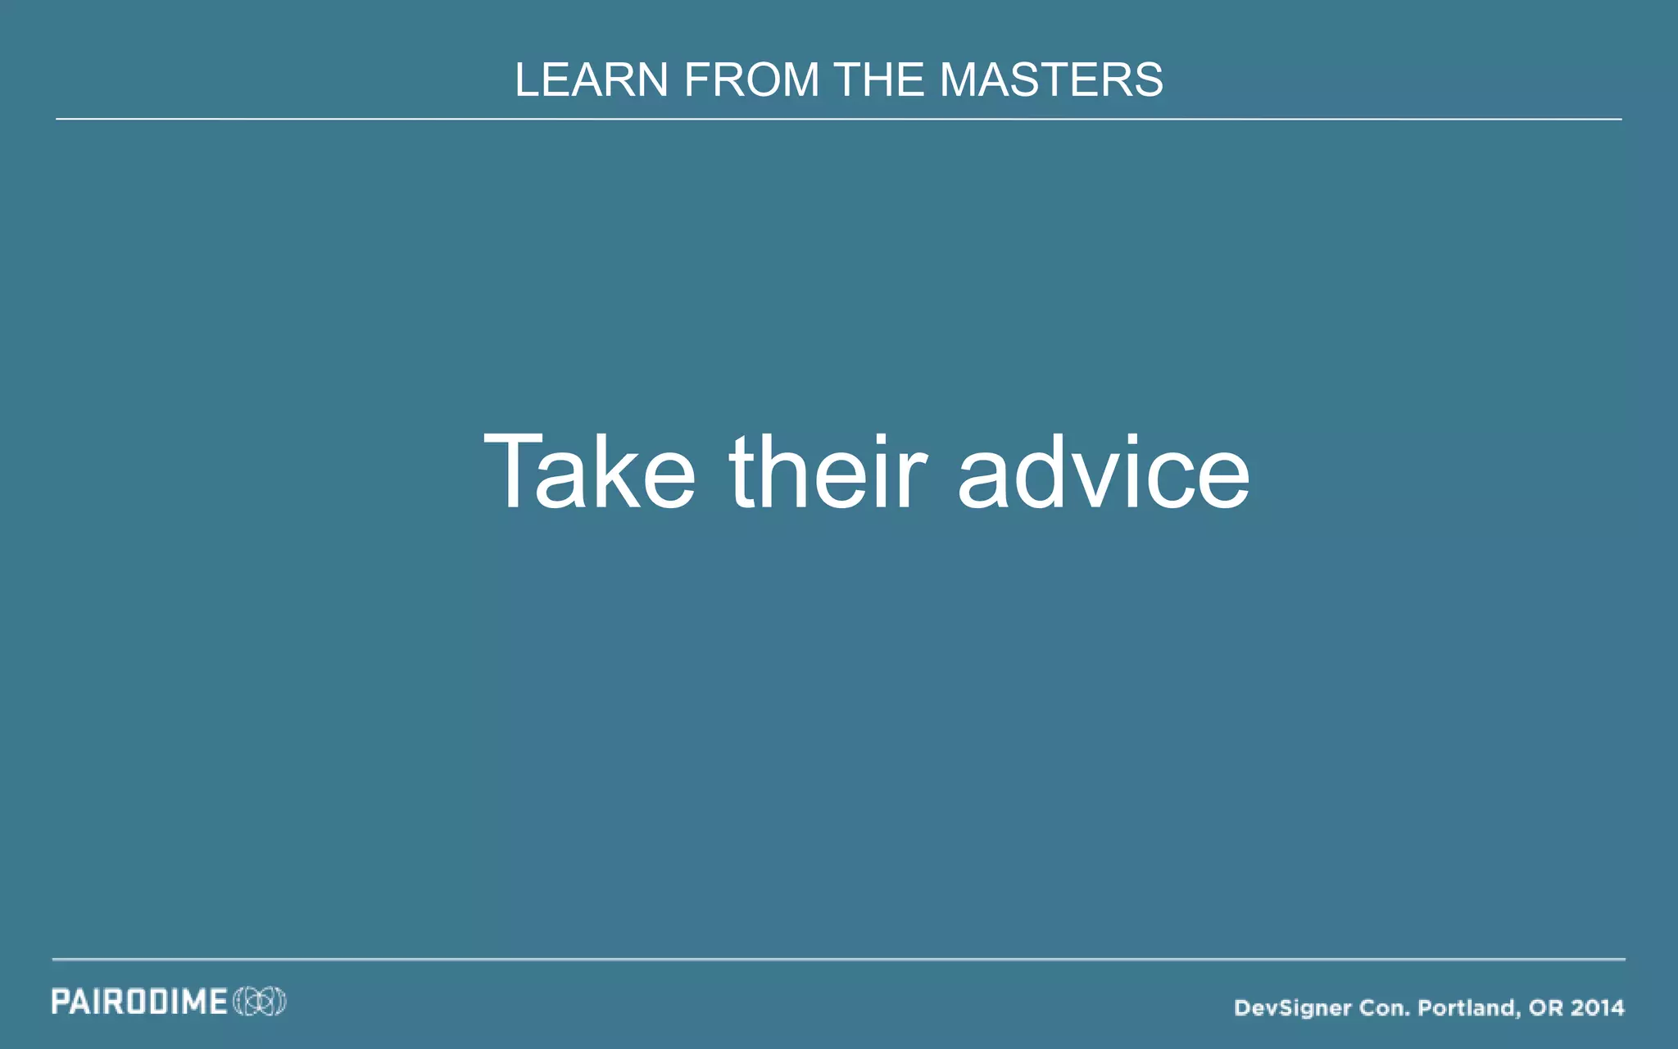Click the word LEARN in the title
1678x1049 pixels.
591,80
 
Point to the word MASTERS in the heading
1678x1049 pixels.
1051,80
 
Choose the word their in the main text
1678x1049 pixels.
828,473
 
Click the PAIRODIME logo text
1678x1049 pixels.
139,1001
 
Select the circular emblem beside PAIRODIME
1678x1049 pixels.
260,1001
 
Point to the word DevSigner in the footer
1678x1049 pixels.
1292,1008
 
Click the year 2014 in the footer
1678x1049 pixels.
1599,1008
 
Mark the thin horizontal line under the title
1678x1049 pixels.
839,119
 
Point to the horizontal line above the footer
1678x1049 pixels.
839,959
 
